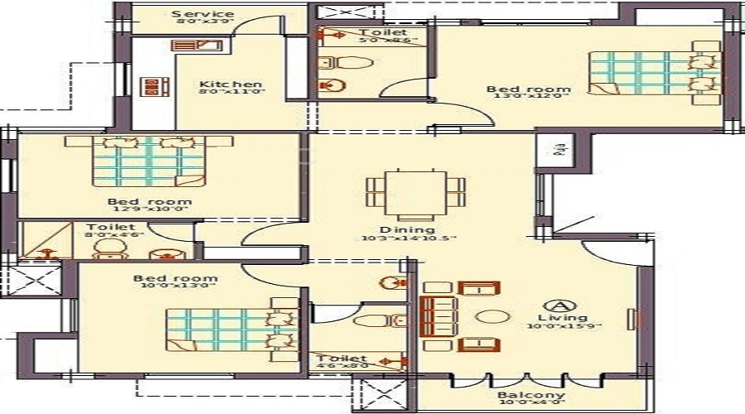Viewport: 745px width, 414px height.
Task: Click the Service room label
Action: [202, 14]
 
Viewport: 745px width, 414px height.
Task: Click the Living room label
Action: [567, 317]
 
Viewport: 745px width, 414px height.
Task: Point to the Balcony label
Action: [531, 395]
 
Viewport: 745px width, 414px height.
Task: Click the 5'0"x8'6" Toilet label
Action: [383, 32]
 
